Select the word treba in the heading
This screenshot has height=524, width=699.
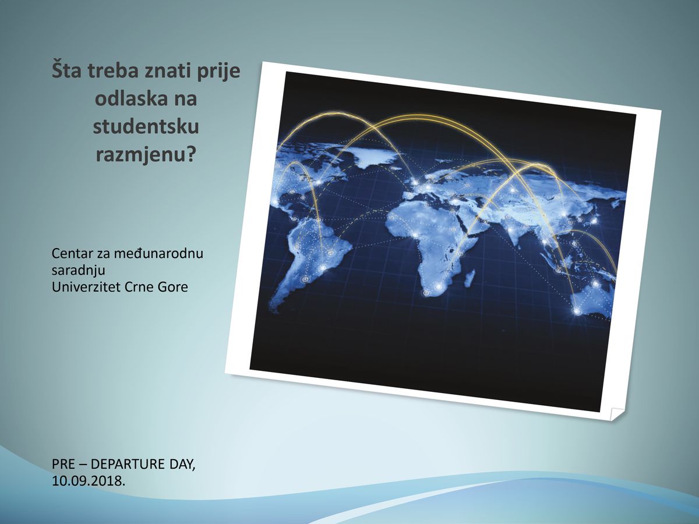click(114, 70)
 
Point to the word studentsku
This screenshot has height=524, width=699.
click(146, 126)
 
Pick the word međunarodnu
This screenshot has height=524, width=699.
click(158, 254)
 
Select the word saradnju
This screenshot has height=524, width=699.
click(78, 271)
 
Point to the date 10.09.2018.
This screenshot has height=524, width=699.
click(89, 481)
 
